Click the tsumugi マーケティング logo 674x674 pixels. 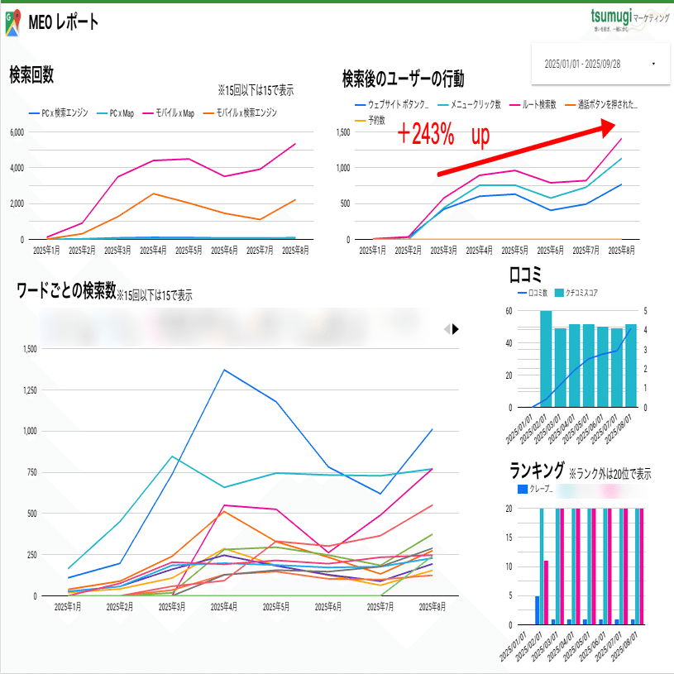[629, 19]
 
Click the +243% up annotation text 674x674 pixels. [442, 135]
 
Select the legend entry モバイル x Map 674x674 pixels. [174, 113]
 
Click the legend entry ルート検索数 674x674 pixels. [543, 105]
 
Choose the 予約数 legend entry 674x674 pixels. [371, 120]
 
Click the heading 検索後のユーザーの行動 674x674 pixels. [403, 79]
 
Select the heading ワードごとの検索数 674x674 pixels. [66, 290]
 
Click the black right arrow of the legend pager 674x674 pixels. [456, 328]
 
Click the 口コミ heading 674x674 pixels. [525, 275]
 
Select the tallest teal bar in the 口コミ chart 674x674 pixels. [546, 359]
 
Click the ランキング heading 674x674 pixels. [538, 471]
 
